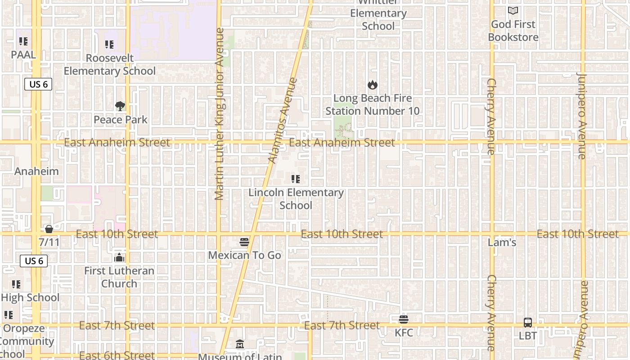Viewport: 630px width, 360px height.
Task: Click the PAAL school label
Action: coord(23,55)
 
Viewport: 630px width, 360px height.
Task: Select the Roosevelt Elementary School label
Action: coord(109,64)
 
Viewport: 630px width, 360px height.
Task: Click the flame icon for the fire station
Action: coord(372,85)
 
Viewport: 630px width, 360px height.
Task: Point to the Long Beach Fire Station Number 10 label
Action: coord(372,104)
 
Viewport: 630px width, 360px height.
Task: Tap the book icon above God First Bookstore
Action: coord(513,11)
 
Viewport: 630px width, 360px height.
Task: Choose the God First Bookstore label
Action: coord(513,31)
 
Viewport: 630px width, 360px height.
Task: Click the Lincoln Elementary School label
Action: coord(296,199)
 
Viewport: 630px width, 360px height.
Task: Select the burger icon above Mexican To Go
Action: coord(244,242)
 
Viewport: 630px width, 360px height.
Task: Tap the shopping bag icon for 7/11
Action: coord(49,229)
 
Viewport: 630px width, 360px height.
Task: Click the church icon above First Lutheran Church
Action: coord(119,257)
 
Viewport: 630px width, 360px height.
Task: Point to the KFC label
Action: coord(404,333)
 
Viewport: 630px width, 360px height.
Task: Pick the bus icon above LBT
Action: coord(528,323)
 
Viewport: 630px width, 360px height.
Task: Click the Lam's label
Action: coord(502,243)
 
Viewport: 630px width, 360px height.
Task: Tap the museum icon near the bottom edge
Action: coord(240,344)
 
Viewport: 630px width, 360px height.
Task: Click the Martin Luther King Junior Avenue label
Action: coord(219,113)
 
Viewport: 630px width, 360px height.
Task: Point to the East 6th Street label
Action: coord(117,355)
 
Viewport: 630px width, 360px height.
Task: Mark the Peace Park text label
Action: coord(121,120)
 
